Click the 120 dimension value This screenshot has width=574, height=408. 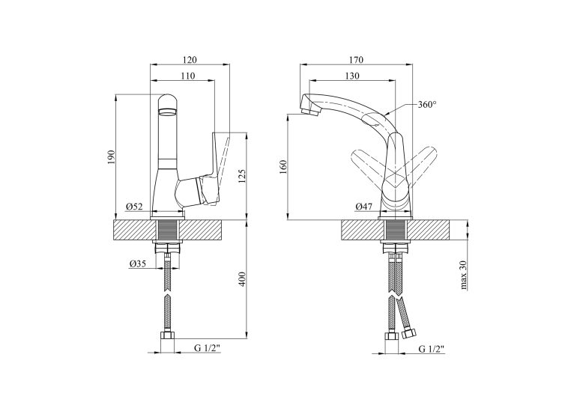190,60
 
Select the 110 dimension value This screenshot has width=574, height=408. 188,76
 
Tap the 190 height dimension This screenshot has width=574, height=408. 112,157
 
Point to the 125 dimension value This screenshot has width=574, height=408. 242,176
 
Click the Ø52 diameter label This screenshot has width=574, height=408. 134,207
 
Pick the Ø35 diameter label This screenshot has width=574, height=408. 137,264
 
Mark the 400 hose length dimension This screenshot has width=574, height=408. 242,279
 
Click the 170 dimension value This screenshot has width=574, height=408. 356,60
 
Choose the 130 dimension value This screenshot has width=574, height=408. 352,76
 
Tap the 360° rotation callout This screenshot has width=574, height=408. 427,105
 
